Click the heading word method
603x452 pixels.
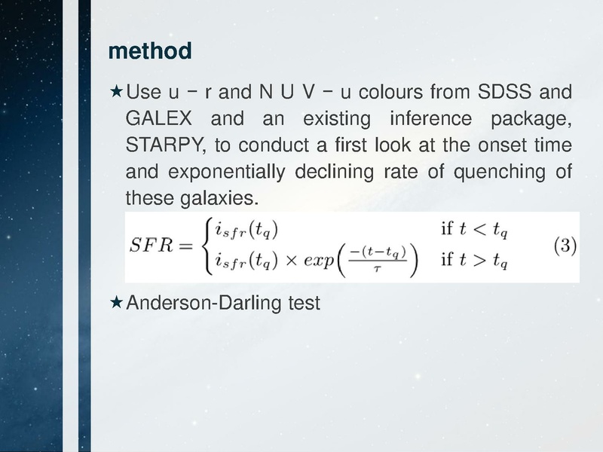tap(150, 52)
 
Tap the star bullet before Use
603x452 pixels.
tap(116, 93)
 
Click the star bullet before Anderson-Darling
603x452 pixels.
tap(116, 303)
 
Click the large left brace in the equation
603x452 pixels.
tap(202, 246)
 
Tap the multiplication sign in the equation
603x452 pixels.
tap(290, 261)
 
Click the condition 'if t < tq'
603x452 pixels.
tap(473, 229)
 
